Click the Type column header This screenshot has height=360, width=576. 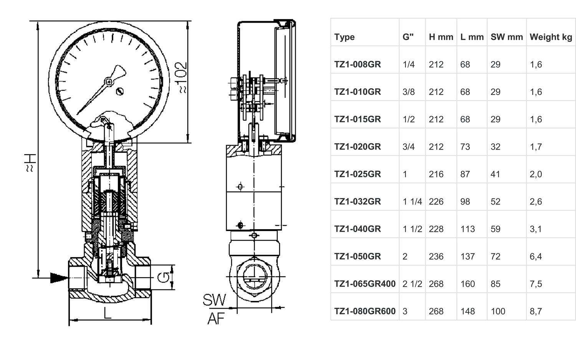[x=344, y=37]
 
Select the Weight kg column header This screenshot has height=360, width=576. [x=551, y=37]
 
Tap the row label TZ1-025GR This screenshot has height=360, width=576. [x=358, y=174]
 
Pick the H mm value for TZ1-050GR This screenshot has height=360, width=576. [x=436, y=256]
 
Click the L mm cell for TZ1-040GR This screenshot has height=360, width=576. [x=467, y=229]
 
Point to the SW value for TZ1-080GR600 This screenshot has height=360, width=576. [x=498, y=311]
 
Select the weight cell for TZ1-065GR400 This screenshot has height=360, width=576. [x=536, y=284]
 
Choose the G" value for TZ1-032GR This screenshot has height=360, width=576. [x=412, y=201]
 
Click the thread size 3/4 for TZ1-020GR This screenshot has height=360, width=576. [x=409, y=147]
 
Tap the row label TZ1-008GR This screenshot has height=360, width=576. [x=358, y=64]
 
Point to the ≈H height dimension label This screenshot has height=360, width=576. [x=30, y=163]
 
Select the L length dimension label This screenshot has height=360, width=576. [x=107, y=313]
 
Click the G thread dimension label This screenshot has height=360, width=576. [x=163, y=277]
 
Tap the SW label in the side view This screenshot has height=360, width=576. [x=214, y=300]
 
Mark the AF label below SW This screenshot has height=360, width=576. [x=216, y=319]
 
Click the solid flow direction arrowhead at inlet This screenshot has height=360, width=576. [x=59, y=278]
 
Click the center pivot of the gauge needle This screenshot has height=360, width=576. [x=109, y=82]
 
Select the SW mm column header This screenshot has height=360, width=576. [x=506, y=37]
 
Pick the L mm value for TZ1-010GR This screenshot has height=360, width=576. [x=465, y=92]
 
